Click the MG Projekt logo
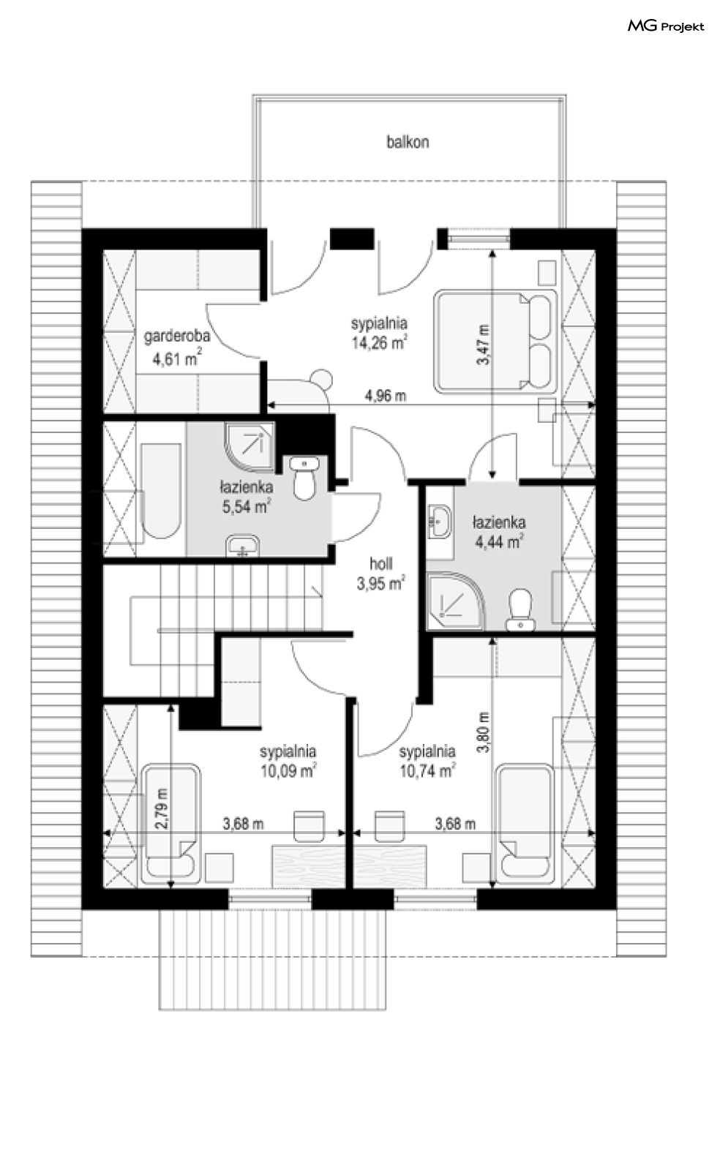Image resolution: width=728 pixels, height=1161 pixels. pos(666,26)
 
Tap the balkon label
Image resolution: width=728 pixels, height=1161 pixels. pos(408,142)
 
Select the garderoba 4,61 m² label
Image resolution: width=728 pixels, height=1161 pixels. pos(177,347)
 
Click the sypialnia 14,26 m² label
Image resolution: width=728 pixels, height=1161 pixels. pos(379,334)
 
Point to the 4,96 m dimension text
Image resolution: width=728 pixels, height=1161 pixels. pos(386,396)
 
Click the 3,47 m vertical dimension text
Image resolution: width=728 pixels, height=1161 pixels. pos(483,344)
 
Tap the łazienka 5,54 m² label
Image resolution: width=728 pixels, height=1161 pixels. pos(247,497)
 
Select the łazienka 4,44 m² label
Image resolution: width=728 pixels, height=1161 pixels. pos(498,532)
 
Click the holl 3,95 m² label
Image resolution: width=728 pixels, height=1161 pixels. pos(380,574)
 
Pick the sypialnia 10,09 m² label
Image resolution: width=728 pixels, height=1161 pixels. pos(288,762)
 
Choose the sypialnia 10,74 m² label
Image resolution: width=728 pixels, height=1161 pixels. pos(427,762)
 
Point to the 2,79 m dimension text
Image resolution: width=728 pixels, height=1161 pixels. pos(162,808)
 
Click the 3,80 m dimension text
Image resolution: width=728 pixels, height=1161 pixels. pos(483,732)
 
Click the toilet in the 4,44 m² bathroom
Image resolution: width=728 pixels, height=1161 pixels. pos(521,609)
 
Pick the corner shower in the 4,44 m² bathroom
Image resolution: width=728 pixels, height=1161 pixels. pos(455,600)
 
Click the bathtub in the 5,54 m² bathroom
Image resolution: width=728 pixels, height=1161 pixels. pos(161,490)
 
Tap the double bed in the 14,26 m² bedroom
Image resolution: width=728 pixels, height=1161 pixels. pos(495,341)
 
